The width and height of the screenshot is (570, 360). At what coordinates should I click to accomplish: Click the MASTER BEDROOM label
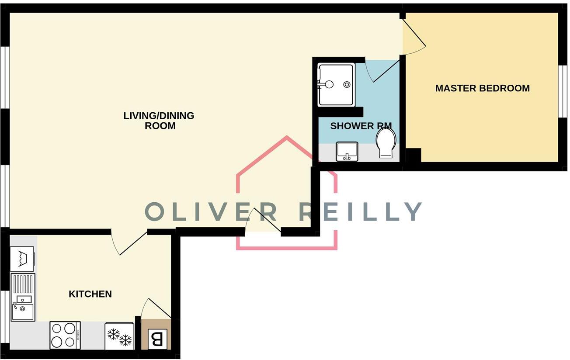tap(482, 88)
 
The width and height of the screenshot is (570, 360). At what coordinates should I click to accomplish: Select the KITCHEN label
tap(90, 294)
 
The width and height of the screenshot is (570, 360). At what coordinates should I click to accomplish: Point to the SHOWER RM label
tap(361, 126)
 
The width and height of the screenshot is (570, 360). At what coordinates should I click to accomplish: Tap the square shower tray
tap(336, 84)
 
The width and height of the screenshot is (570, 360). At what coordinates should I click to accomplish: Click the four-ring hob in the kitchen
tap(65, 335)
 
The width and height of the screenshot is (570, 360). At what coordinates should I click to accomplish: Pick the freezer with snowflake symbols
tap(119, 336)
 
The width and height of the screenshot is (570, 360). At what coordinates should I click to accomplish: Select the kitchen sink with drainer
tap(23, 297)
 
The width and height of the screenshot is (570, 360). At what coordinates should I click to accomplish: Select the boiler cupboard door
tap(156, 308)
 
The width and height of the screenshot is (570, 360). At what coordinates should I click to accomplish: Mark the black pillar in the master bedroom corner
tap(414, 155)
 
